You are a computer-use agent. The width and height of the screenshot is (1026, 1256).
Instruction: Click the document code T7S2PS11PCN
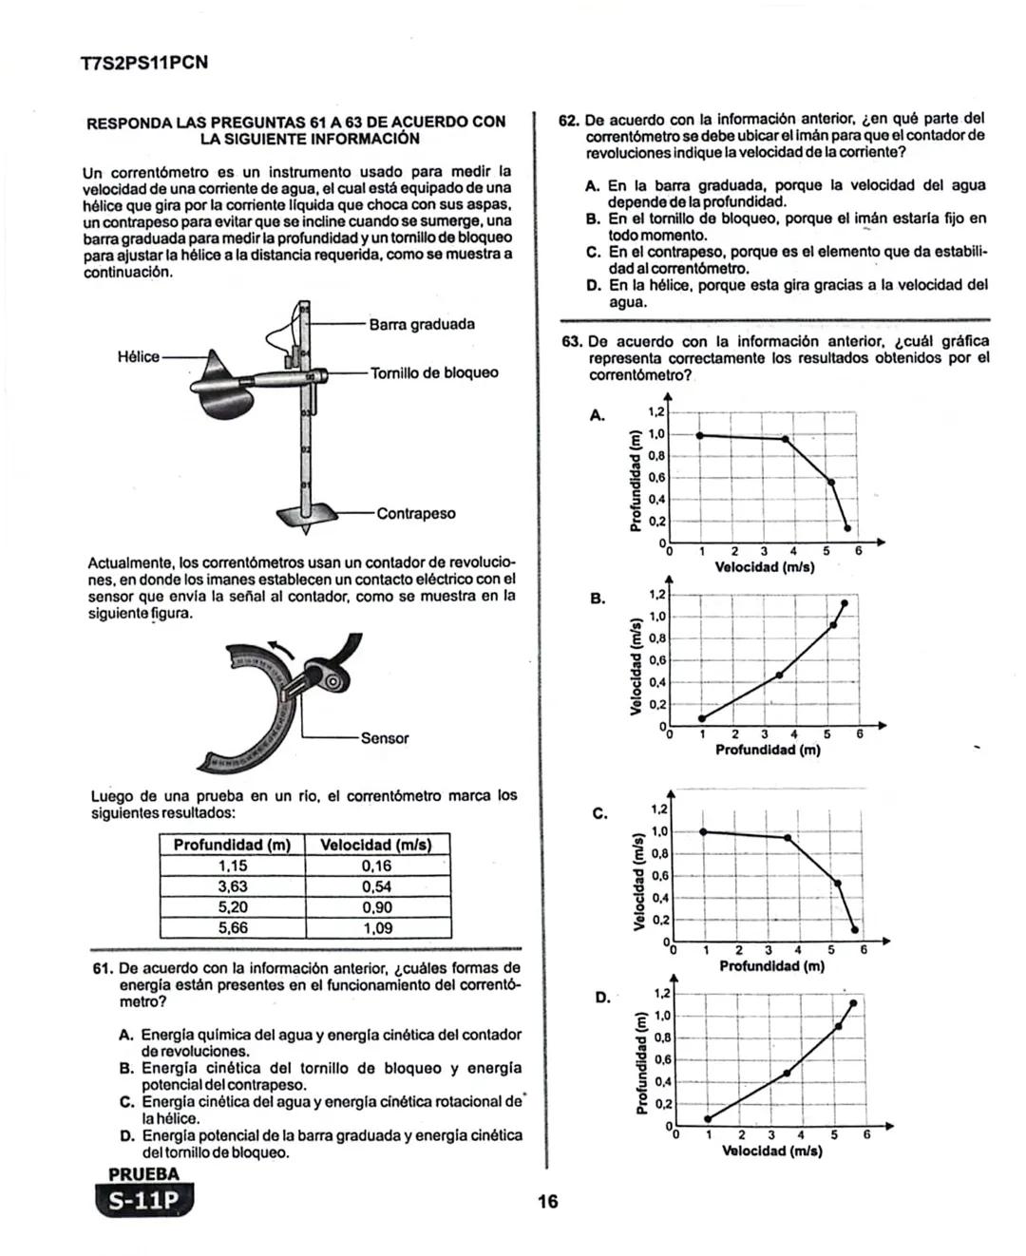tap(144, 64)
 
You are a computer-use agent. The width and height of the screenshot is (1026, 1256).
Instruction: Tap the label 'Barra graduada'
tap(422, 325)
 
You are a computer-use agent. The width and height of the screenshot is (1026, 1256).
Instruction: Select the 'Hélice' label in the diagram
tap(138, 357)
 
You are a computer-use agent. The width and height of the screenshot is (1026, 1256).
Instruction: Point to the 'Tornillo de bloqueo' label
tap(433, 373)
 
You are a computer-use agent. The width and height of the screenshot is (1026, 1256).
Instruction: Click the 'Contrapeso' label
tap(416, 514)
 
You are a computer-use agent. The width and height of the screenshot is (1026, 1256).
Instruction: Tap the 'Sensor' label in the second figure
tap(385, 738)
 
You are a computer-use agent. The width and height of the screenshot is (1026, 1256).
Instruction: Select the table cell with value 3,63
tap(233, 886)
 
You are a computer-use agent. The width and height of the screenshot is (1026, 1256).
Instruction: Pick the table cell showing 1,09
tap(377, 928)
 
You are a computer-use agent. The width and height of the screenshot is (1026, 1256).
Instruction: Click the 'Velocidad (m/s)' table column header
tap(376, 845)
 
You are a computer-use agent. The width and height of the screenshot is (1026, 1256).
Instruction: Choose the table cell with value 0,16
tap(377, 866)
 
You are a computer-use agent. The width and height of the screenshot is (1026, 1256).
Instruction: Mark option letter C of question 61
tap(125, 1102)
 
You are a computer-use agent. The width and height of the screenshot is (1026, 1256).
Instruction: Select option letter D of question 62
tap(593, 285)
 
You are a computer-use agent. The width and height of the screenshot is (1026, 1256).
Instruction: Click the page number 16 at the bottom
tap(547, 1202)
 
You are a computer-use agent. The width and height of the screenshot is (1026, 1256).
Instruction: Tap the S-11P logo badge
tap(143, 1200)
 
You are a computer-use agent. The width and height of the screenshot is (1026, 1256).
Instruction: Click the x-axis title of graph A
tap(764, 567)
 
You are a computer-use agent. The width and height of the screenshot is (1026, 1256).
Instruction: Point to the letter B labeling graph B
tap(598, 599)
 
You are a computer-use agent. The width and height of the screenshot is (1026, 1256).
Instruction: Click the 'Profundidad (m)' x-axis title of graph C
tap(771, 966)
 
